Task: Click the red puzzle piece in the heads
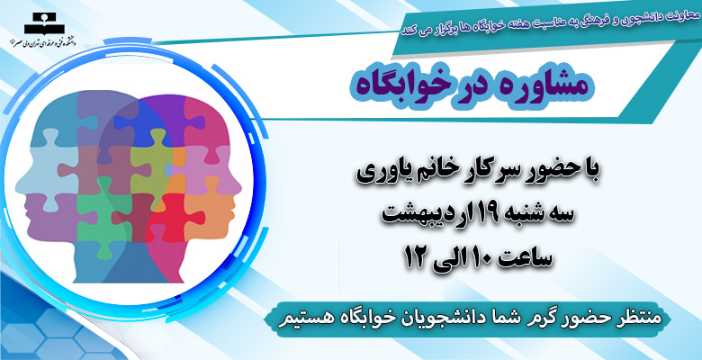175,216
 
